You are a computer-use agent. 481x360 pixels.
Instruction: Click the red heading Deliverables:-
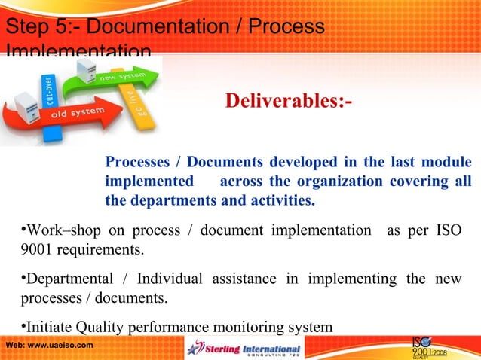[287, 100]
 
